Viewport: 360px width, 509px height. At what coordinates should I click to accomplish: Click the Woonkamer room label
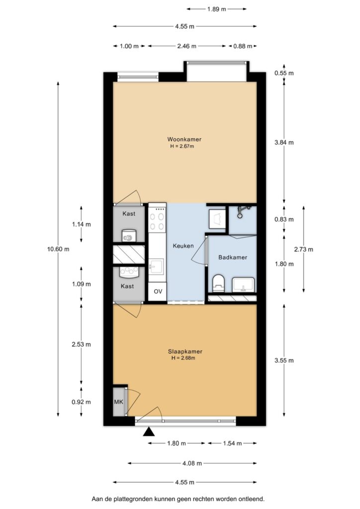coord(184,139)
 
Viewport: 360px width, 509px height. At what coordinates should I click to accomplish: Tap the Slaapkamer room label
coord(185,351)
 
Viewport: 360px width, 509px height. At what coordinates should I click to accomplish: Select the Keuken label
coord(183,246)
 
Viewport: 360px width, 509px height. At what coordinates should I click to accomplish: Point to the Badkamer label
coord(233,257)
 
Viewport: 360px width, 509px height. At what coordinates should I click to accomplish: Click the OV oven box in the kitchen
coord(158,291)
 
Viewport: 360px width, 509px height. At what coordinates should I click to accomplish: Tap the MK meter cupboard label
coord(118,402)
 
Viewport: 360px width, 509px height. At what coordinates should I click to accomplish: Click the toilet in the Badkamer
coord(218,283)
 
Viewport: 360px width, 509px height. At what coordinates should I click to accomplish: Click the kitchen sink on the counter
coord(158,267)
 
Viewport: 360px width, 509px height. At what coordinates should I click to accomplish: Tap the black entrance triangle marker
coord(149,431)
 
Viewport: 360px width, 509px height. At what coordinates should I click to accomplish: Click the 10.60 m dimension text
coord(59,250)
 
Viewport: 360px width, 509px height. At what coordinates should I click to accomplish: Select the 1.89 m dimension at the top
coord(216,9)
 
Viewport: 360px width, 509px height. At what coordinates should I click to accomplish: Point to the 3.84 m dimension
coord(284,143)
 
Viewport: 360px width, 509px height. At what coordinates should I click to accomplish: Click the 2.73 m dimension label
coord(303,250)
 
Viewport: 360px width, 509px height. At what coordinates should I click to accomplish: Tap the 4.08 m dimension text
coord(192,463)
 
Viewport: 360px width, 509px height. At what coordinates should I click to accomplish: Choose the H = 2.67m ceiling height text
coord(182,147)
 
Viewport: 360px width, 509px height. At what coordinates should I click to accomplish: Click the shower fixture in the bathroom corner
coord(242,210)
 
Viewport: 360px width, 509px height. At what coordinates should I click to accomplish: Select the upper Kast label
coord(129,214)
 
